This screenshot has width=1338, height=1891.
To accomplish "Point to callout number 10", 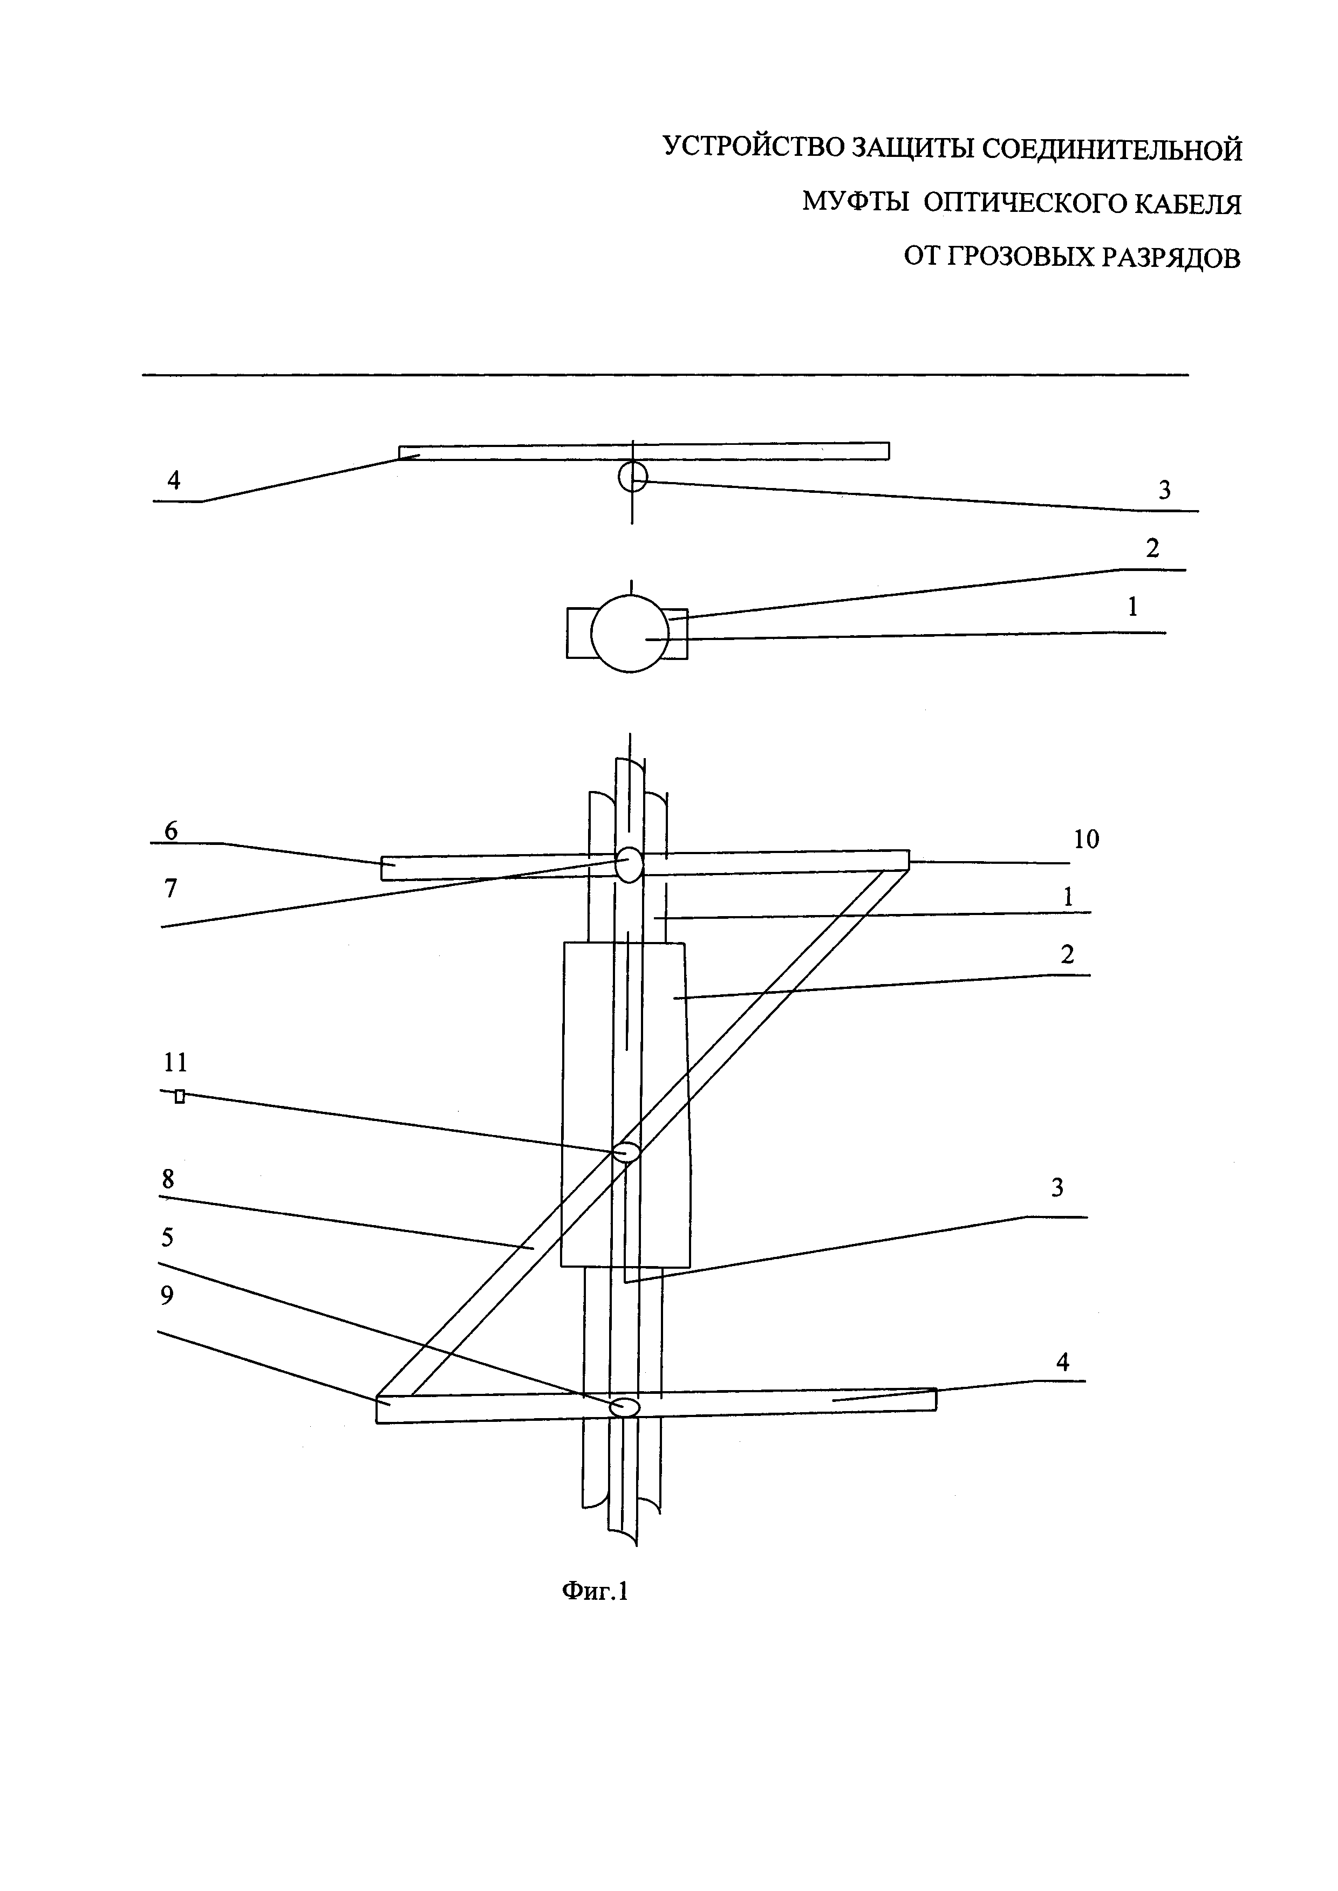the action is (1086, 839).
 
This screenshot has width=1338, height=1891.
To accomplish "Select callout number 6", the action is (170, 830).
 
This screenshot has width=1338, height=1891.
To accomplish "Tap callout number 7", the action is (170, 889).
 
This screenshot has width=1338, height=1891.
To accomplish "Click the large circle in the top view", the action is (630, 634).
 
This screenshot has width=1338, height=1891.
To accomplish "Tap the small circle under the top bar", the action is (633, 476).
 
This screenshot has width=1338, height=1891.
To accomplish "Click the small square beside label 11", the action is (180, 1096).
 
